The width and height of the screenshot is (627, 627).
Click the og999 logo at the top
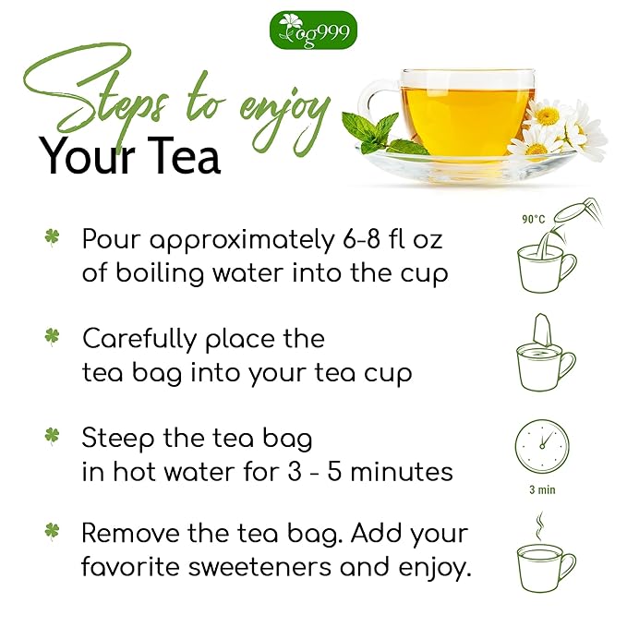tap(313, 30)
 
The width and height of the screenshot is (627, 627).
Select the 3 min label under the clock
tap(542, 489)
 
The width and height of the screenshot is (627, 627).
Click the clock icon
tap(542, 447)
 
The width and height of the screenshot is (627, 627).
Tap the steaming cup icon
tap(544, 560)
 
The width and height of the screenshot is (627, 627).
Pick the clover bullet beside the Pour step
tap(52, 237)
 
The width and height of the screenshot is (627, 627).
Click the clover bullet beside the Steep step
tap(52, 435)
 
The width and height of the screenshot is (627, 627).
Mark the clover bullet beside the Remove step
tap(52, 531)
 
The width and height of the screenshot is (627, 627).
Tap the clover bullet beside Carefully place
tap(52, 336)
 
